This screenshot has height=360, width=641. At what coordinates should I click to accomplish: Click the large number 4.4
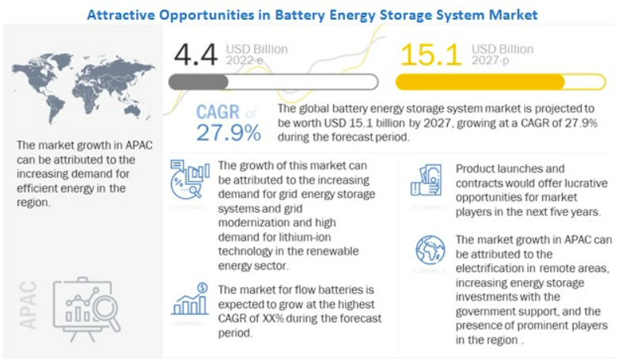pyautogui.click(x=195, y=55)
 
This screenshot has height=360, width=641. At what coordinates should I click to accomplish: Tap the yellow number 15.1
pyautogui.click(x=430, y=55)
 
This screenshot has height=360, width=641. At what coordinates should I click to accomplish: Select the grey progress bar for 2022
pyautogui.click(x=273, y=82)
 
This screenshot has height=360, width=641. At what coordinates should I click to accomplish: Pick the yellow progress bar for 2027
pyautogui.click(x=500, y=82)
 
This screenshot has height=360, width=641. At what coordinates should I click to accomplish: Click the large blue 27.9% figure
pyautogui.click(x=229, y=132)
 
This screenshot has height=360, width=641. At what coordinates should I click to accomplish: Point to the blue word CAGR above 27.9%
pyautogui.click(x=218, y=112)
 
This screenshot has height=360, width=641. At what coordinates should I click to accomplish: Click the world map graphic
pyautogui.click(x=83, y=89)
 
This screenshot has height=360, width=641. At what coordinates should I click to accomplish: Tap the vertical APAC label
pyautogui.click(x=28, y=305)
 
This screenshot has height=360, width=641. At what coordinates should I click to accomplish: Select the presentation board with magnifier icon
pyautogui.click(x=87, y=309)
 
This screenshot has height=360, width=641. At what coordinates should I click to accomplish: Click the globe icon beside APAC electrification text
pyautogui.click(x=430, y=250)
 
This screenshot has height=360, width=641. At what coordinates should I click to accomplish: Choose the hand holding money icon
pyautogui.click(x=426, y=180)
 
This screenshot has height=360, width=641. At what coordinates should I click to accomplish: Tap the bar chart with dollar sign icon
pyautogui.click(x=190, y=299)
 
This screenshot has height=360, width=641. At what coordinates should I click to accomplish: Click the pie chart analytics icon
pyautogui.click(x=190, y=179)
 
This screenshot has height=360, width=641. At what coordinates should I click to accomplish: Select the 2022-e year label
pyautogui.click(x=245, y=60)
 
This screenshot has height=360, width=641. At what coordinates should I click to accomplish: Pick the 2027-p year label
pyautogui.click(x=490, y=60)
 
